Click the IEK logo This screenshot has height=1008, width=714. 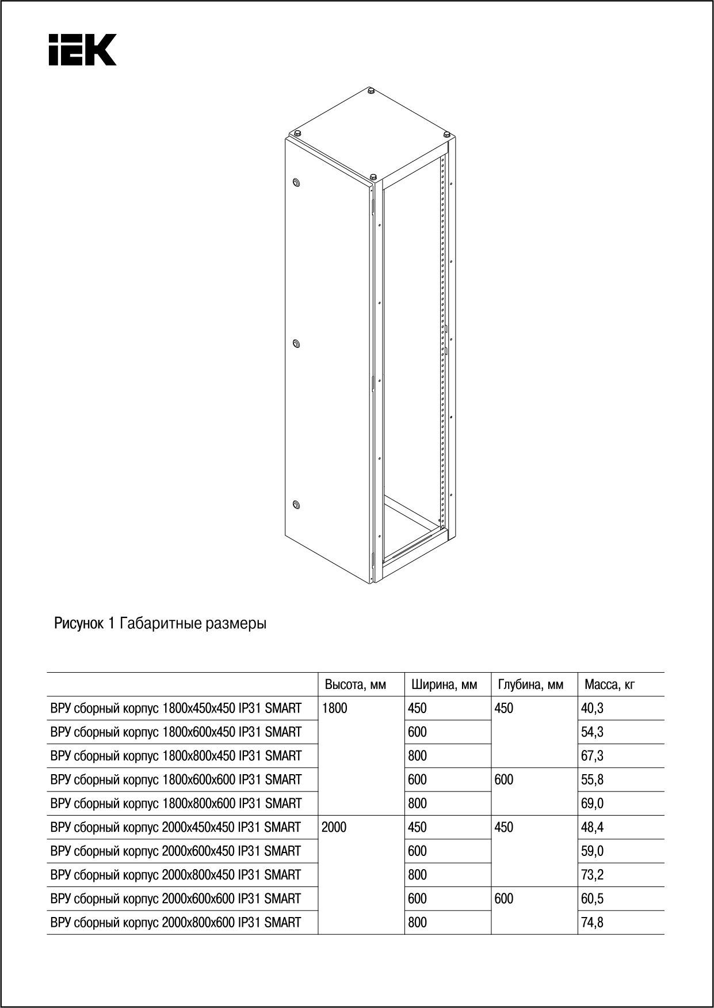pyautogui.click(x=82, y=50)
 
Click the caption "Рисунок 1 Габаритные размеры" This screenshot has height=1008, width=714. pyautogui.click(x=160, y=623)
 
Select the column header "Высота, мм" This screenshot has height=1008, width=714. pyautogui.click(x=355, y=685)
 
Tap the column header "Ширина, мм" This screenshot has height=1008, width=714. pyautogui.click(x=444, y=685)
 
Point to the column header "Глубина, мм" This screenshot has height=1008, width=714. pyautogui.click(x=530, y=685)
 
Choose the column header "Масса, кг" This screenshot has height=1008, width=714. pyautogui.click(x=609, y=685)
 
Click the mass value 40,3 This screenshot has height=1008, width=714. pyautogui.click(x=592, y=708)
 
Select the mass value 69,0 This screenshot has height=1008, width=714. pyautogui.click(x=592, y=804)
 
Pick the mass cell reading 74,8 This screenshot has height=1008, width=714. pyautogui.click(x=592, y=922)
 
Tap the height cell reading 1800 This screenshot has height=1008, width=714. pyautogui.click(x=334, y=708)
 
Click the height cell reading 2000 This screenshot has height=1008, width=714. pyautogui.click(x=334, y=828)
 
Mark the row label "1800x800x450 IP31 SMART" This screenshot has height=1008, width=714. pyautogui.click(x=176, y=756)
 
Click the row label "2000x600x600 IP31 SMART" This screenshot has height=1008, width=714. pyautogui.click(x=176, y=899)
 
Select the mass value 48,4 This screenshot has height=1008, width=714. pyautogui.click(x=592, y=828)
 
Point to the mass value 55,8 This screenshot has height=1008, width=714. pyautogui.click(x=592, y=780)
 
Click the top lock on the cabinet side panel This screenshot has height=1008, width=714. pyautogui.click(x=296, y=183)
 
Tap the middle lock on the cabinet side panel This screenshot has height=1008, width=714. pyautogui.click(x=296, y=344)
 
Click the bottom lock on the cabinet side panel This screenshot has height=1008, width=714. pyautogui.click(x=296, y=505)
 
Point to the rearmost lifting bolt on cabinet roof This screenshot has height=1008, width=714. pyautogui.click(x=370, y=90)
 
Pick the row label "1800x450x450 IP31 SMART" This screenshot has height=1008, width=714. pyautogui.click(x=176, y=708)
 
